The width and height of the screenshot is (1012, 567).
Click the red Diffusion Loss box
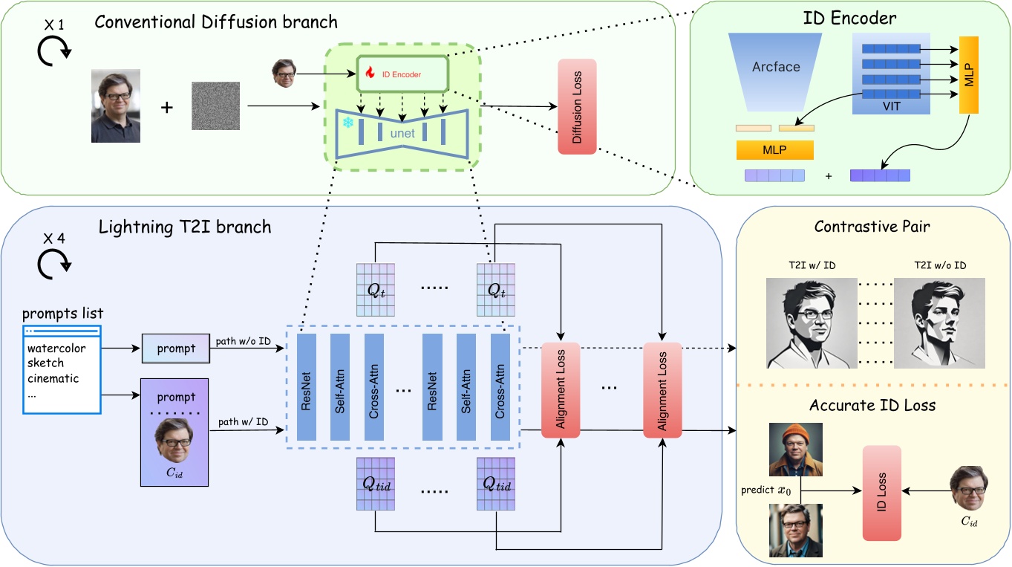point(577,106)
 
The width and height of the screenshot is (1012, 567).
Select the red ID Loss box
point(881,493)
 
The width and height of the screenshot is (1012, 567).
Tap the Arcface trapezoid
point(776,67)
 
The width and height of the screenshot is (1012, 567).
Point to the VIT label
point(892,106)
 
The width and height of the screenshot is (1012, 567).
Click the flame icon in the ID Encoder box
point(369,73)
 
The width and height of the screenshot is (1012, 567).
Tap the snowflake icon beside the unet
point(347,122)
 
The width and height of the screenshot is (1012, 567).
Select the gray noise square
point(216,106)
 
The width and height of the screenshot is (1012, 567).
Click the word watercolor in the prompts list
point(56,348)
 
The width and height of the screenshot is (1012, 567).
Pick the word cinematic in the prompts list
point(53,378)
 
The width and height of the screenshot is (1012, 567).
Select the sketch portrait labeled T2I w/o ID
point(939,323)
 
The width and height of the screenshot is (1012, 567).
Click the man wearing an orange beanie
point(795,449)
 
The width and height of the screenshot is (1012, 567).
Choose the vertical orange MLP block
point(969,74)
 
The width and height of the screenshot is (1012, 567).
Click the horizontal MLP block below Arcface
point(774,150)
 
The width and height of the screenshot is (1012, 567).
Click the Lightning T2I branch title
point(185,227)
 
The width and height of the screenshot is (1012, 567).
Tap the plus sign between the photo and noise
point(167,108)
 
